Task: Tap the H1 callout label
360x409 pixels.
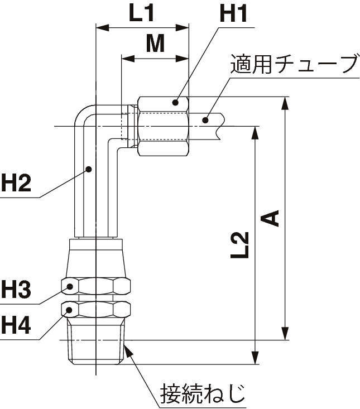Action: pyautogui.click(x=233, y=13)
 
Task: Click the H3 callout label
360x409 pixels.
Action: pyautogui.click(x=17, y=290)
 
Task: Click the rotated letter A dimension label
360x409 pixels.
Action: pyautogui.click(x=271, y=218)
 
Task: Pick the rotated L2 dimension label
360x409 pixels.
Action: pyautogui.click(x=240, y=246)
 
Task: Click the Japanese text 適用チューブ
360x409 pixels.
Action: pyautogui.click(x=294, y=65)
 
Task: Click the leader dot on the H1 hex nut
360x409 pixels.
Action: pyautogui.click(x=175, y=102)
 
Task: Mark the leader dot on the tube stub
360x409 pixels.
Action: pyautogui.click(x=206, y=119)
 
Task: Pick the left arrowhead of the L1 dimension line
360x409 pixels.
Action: pyautogui.click(x=101, y=27)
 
